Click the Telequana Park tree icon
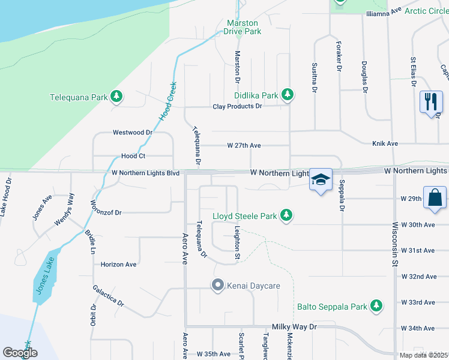pyautogui.click(x=116, y=97)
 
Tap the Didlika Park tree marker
pyautogui.click(x=288, y=95)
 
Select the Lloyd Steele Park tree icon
pyautogui.click(x=287, y=215)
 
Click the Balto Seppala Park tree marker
pyautogui.click(x=376, y=306)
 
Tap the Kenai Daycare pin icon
pyautogui.click(x=217, y=286)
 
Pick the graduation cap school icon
pyautogui.click(x=321, y=179)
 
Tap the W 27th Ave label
pyautogui.click(x=244, y=145)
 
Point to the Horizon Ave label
pyautogui.click(x=119, y=264)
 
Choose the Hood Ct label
pyautogui.click(x=133, y=155)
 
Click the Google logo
pyautogui.click(x=20, y=353)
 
